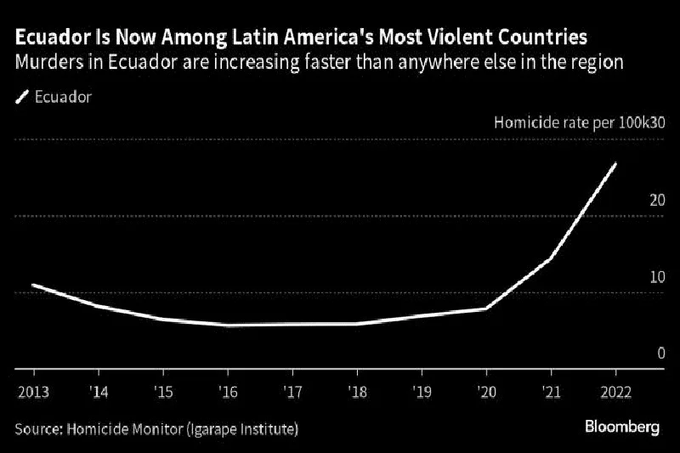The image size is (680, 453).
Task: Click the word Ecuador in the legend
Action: pyautogui.click(x=63, y=96)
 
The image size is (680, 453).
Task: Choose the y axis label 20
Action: pyautogui.click(x=654, y=201)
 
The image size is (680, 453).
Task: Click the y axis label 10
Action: pyautogui.click(x=654, y=277)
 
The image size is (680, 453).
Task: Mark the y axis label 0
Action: pyautogui.click(x=660, y=353)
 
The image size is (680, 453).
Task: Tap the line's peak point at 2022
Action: pyautogui.click(x=615, y=163)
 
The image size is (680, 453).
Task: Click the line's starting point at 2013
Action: pyautogui.click(x=33, y=285)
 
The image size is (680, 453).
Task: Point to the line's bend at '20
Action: pyautogui.click(x=486, y=309)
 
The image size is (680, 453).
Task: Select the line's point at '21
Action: pyautogui.click(x=551, y=258)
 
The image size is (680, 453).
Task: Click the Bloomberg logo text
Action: pyautogui.click(x=621, y=424)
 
